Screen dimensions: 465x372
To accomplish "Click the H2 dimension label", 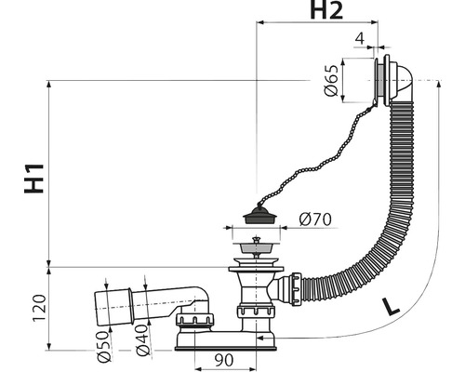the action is click(326, 11).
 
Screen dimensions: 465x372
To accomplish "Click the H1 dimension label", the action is click(33, 179).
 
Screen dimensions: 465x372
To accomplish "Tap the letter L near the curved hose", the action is click(390, 306).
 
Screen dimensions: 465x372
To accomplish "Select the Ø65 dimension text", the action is click(330, 80).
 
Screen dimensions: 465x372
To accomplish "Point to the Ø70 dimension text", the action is click(315, 219).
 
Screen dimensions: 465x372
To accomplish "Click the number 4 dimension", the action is click(359, 39).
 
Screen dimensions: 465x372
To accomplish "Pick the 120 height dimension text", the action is click(40, 308).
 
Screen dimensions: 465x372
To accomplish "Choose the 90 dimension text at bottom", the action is click(223, 360).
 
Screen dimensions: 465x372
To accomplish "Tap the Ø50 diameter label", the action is click(103, 346).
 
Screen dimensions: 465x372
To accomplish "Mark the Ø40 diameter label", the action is click(143, 340).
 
